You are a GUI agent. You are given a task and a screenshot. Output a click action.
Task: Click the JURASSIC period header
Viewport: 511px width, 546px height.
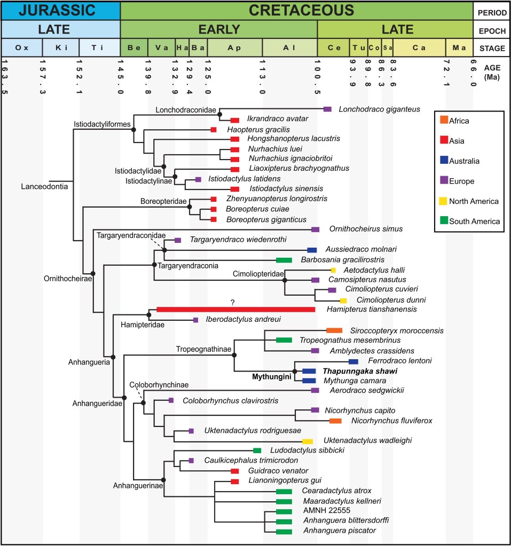click(x=60, y=10)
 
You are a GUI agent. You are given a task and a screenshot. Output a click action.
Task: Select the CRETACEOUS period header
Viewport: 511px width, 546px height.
click(x=296, y=10)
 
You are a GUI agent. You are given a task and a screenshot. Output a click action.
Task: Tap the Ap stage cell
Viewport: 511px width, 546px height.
click(x=234, y=48)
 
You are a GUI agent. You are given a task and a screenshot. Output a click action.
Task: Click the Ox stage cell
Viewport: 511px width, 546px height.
click(x=22, y=48)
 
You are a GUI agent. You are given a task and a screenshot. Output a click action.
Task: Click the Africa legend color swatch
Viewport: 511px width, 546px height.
click(x=443, y=121)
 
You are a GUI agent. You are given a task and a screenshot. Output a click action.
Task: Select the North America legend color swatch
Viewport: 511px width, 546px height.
click(x=443, y=201)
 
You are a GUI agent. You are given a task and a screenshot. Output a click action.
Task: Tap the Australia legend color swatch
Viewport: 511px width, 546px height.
click(x=443, y=161)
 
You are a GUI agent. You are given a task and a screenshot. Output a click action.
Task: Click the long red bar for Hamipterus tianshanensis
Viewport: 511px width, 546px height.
click(x=235, y=310)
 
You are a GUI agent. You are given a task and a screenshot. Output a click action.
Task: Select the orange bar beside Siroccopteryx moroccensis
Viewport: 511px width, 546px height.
click(x=334, y=331)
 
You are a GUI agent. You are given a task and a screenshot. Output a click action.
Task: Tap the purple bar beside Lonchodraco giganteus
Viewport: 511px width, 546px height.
click(x=329, y=109)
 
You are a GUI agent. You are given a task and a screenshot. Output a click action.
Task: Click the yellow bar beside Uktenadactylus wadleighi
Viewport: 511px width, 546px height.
click(x=307, y=441)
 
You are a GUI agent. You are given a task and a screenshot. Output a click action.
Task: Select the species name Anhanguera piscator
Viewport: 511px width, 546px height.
click(x=339, y=531)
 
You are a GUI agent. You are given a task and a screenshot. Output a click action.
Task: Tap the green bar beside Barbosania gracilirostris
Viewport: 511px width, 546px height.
click(x=284, y=260)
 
